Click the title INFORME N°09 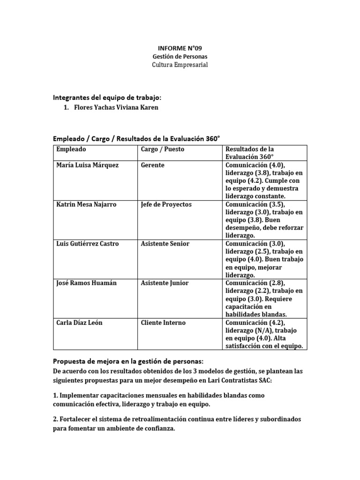pyautogui.click(x=180, y=48)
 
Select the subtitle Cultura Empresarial pyautogui.click(x=180, y=65)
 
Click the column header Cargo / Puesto pyautogui.click(x=162, y=149)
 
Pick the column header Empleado pyautogui.click(x=71, y=149)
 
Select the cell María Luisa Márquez pyautogui.click(x=88, y=165)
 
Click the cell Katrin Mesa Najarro pyautogui.click(x=87, y=204)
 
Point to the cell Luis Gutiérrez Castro pyautogui.click(x=88, y=244)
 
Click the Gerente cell pyautogui.click(x=152, y=165)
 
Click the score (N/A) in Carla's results pyautogui.click(x=265, y=330)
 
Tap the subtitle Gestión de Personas pyautogui.click(x=180, y=56)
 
